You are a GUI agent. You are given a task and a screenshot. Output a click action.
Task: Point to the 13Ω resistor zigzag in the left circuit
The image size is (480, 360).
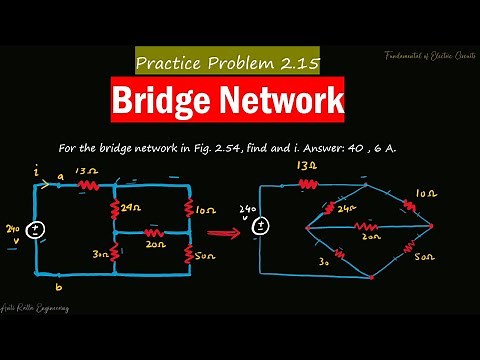point(90,183)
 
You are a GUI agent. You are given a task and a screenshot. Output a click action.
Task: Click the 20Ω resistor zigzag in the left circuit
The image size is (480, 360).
point(152,232)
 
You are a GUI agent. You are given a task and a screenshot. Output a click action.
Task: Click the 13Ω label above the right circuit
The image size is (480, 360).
point(305,165)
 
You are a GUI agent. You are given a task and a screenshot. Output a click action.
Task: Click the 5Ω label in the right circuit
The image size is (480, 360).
point(425,258)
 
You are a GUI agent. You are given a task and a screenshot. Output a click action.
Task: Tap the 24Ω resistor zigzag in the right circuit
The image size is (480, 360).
point(327,210)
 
